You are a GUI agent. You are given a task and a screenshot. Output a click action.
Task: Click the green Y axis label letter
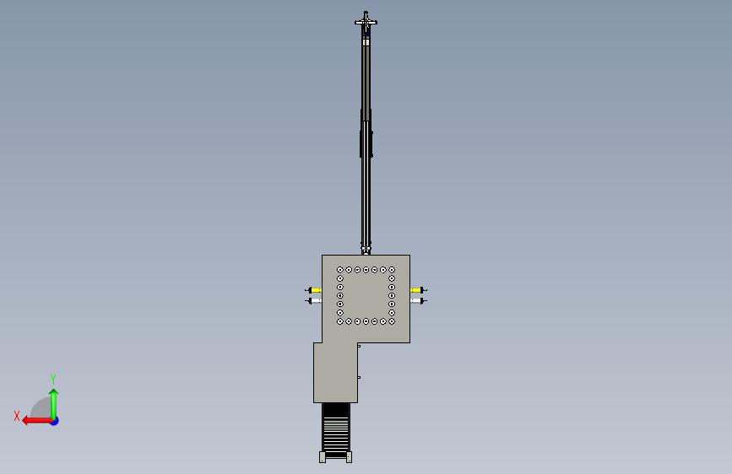(x=53, y=379)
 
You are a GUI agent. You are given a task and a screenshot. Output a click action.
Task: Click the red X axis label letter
(x=17, y=416)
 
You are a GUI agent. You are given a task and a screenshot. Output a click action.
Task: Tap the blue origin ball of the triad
(x=55, y=421)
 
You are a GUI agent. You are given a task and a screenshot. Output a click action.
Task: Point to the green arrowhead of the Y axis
(x=54, y=393)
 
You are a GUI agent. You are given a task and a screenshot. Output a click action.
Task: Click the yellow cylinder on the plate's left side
(x=316, y=290)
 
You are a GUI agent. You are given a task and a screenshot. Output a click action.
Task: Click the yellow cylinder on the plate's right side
(x=415, y=290)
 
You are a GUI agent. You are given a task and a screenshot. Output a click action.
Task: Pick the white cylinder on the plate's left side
(x=316, y=300)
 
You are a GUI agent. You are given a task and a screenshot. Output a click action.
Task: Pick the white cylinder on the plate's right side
(x=415, y=300)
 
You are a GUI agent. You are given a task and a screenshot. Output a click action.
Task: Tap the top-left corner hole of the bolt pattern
(x=340, y=270)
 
